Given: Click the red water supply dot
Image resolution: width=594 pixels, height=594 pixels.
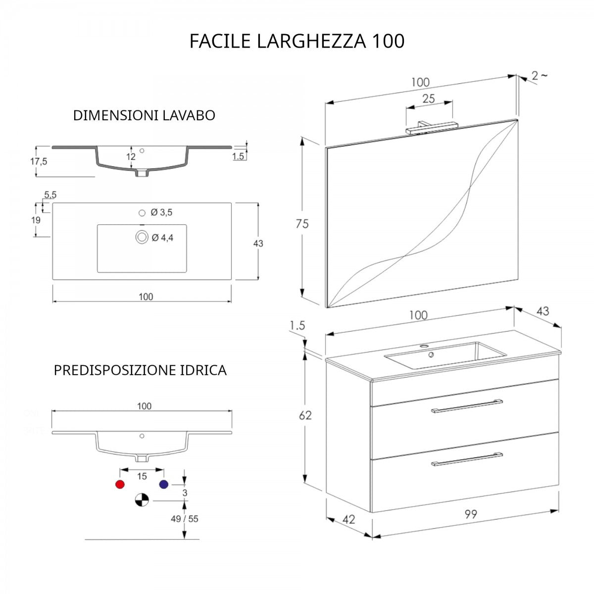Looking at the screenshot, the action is tap(120, 484).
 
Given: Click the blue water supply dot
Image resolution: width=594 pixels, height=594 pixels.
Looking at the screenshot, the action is tap(164, 484).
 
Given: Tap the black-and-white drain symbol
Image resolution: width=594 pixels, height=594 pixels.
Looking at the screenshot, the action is tap(142, 500).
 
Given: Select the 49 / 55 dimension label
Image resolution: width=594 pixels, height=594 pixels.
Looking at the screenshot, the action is tap(184, 519).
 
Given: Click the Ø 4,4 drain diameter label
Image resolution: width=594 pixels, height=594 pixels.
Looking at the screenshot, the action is tap(162, 238).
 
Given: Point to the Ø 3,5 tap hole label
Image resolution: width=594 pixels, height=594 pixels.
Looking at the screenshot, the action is tap(161, 212).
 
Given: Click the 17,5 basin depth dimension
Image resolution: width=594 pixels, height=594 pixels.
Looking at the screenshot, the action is tap(39, 161).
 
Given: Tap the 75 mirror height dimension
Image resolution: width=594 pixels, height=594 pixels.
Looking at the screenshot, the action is tap(302, 224).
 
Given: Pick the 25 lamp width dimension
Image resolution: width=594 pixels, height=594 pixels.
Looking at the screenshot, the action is tap(429, 99).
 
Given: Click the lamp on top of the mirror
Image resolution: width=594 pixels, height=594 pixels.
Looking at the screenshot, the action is tap(432, 127).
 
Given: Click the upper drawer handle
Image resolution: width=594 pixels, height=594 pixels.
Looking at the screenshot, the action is tap(467, 406).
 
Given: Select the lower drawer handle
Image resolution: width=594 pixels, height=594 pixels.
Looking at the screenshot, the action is tap(467, 459).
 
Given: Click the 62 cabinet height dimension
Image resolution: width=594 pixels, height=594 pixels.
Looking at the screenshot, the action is tap(305, 415).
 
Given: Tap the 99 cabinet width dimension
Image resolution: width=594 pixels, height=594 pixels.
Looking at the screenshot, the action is tap(471, 514).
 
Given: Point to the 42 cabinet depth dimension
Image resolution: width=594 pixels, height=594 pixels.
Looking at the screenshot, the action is tap(348, 520).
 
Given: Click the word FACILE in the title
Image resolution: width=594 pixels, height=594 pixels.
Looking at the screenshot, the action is tap(220, 41).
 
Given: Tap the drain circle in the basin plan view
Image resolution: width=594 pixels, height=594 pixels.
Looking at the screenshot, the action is tap(142, 238).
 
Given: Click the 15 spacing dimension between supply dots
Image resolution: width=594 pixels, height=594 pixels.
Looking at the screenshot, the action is tap(142, 476).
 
